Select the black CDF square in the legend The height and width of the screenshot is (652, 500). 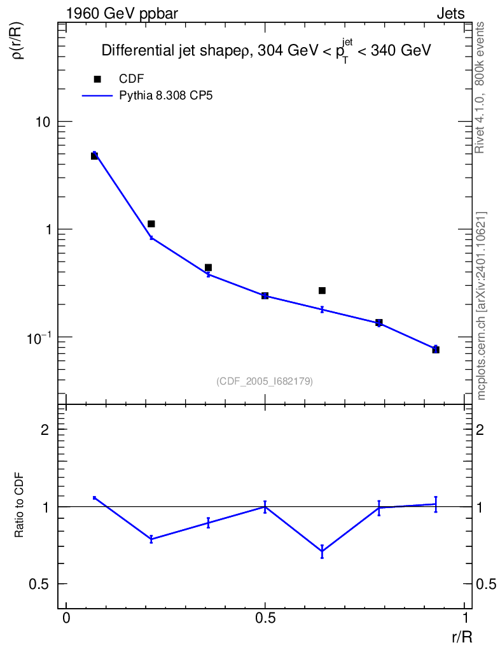pos(97,79)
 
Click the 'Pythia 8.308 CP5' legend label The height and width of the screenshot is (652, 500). pos(162,96)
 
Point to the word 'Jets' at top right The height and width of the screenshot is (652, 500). pos(450,13)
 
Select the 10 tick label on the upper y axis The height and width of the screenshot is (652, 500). pos(42,122)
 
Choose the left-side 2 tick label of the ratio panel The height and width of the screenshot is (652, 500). pos(45,430)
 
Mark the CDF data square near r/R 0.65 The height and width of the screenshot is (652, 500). pos(322,291)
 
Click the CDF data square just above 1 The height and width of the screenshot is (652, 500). pos(151,224)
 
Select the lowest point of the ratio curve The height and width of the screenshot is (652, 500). pos(323,552)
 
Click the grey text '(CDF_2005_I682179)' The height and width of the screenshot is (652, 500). pos(265,381)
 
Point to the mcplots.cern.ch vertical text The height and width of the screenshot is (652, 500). pos(481,306)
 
